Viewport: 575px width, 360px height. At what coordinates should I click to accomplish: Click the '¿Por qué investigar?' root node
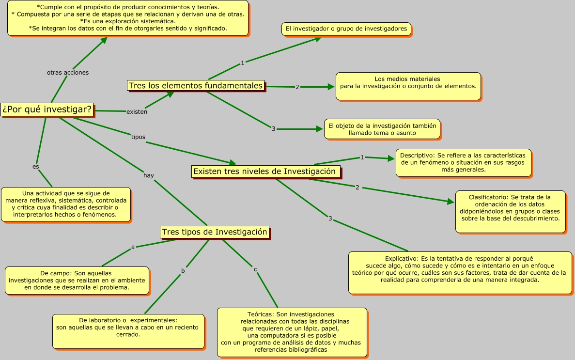47,110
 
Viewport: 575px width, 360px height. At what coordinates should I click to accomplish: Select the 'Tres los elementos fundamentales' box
196,85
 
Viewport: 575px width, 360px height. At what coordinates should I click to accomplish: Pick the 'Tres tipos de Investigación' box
215,232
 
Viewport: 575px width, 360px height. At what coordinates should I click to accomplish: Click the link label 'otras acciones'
68,73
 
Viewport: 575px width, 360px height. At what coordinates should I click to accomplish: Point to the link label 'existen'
137,112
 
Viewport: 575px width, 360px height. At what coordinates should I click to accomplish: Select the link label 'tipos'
138,137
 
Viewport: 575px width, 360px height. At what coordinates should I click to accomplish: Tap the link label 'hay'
149,175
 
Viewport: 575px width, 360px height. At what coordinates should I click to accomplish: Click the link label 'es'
35,167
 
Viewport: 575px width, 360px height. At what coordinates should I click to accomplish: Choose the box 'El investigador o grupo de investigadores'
346,29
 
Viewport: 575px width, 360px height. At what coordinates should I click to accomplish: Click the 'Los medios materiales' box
408,86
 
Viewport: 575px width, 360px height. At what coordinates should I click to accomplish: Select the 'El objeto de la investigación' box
382,129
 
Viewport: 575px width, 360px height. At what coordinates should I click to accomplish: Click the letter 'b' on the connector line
183,271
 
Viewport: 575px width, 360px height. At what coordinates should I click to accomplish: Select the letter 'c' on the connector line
256,269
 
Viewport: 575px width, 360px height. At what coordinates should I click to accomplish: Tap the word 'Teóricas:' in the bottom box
261,314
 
